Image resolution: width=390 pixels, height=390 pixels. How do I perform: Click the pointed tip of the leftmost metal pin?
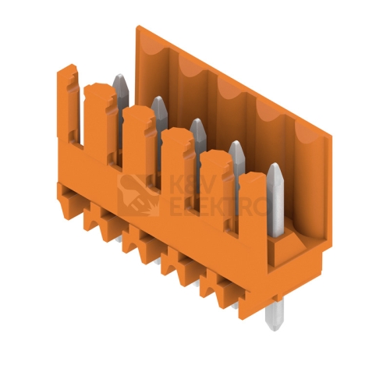click(x=120, y=74)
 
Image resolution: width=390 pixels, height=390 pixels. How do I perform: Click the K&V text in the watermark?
click(x=192, y=184)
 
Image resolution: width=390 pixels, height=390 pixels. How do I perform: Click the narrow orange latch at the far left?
click(x=67, y=104)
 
